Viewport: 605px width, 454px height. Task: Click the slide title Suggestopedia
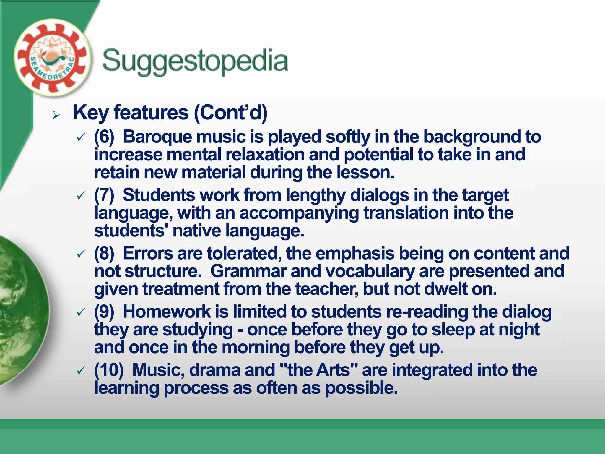[195, 61]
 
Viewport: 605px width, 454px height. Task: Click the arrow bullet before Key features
[56, 115]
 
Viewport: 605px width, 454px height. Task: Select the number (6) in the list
[104, 137]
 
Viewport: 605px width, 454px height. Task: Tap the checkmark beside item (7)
[81, 196]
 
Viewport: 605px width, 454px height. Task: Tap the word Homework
[167, 312]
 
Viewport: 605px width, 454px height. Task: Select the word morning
[256, 348]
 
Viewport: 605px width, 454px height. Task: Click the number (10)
[109, 370]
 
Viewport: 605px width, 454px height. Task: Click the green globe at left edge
[21, 310]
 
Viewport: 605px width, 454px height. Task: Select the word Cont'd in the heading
[230, 113]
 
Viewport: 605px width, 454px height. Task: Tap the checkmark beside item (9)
[81, 312]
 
